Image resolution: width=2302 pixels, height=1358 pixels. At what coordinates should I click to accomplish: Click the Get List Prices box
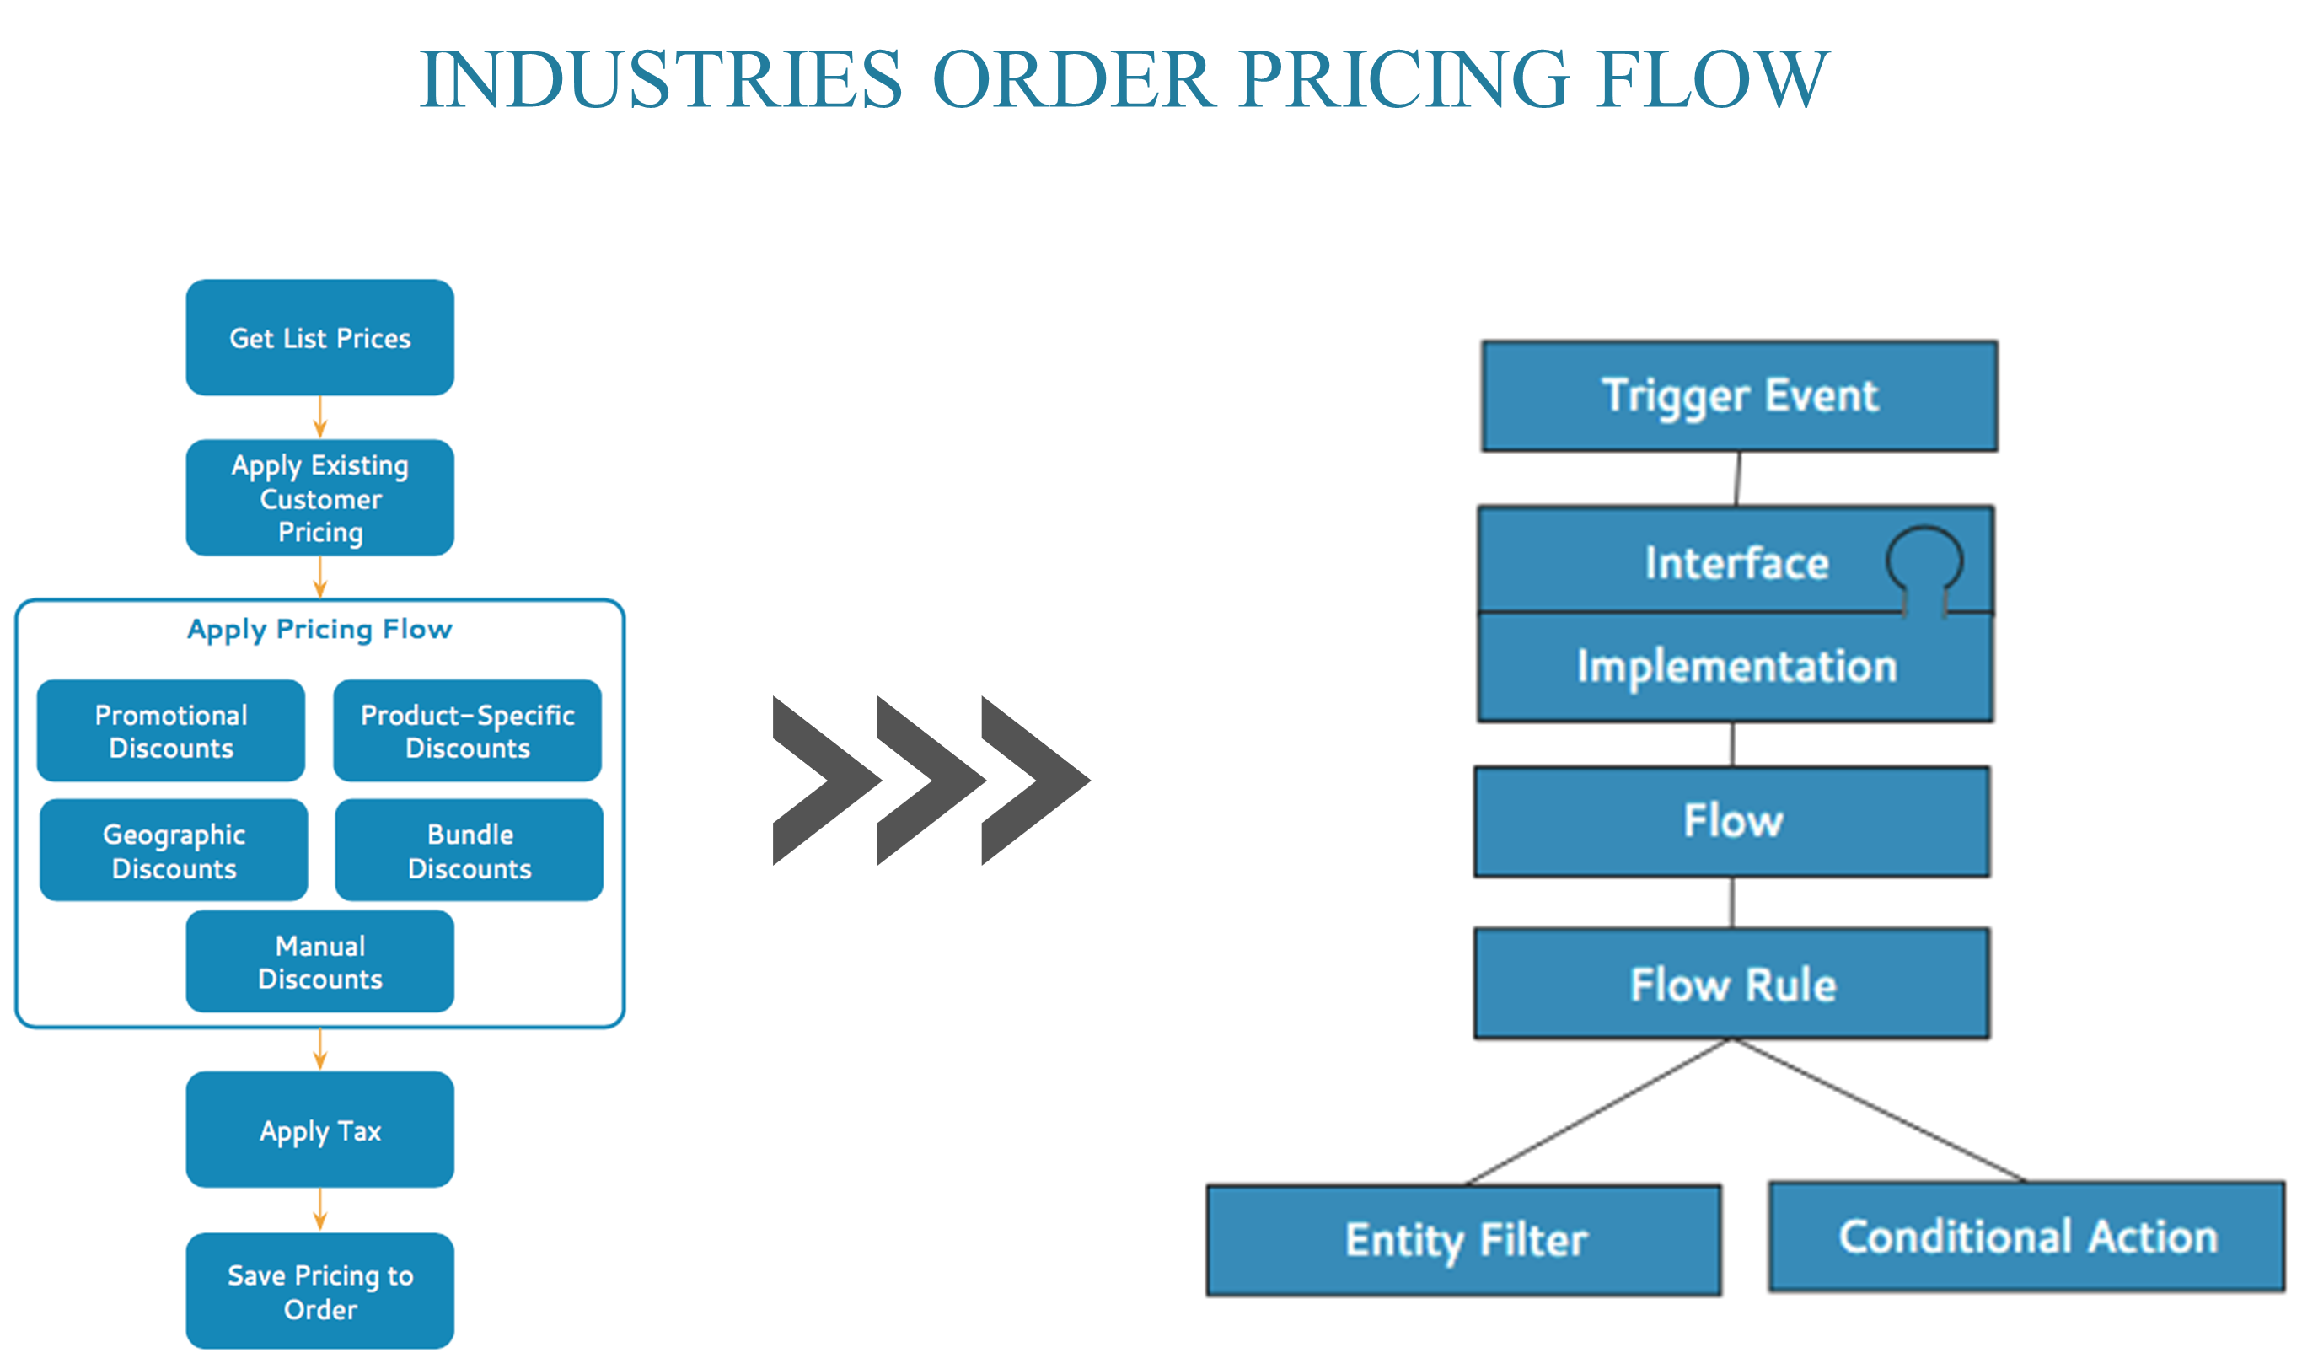coord(319,338)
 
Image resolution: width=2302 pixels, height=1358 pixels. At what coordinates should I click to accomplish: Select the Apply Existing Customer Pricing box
coord(319,498)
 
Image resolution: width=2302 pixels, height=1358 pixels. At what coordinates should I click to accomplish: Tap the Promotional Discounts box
coord(171,730)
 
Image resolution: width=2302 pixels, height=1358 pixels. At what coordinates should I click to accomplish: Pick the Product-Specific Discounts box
coord(467,730)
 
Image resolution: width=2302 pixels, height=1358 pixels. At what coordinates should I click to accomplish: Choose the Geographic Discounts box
coord(174,851)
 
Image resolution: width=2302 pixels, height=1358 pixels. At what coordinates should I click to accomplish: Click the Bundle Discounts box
coord(469,851)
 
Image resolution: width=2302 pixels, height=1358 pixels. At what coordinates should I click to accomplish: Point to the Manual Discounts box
coord(319,961)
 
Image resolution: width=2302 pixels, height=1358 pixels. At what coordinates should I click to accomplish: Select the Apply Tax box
coord(319,1130)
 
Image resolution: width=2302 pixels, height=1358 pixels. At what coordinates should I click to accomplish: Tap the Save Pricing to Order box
coord(319,1291)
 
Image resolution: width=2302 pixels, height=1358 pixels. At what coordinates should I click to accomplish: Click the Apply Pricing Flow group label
coord(319,630)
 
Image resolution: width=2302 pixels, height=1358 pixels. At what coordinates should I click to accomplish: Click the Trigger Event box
coord(1738,396)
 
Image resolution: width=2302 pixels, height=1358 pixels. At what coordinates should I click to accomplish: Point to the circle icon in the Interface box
coord(1924,558)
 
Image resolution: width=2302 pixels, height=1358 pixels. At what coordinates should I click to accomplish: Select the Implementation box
coord(1736,666)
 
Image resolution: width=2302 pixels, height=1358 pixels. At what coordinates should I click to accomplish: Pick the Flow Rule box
coord(1732,985)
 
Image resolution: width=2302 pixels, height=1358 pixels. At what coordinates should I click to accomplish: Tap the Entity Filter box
coord(1464,1241)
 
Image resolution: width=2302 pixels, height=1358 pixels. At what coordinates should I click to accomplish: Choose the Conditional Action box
coord(2027,1237)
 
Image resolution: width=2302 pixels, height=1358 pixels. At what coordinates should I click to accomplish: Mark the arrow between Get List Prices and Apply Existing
coord(319,417)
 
